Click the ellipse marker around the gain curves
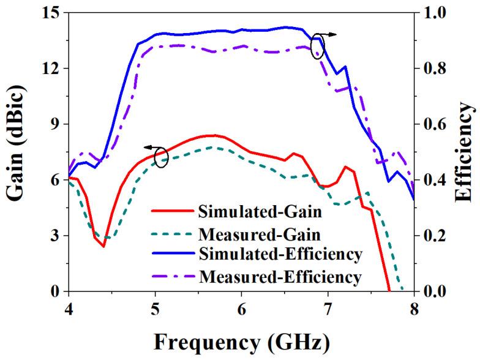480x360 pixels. tap(161, 157)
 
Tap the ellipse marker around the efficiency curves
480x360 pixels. tap(317, 47)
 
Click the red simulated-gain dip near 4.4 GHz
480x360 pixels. tap(103, 246)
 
